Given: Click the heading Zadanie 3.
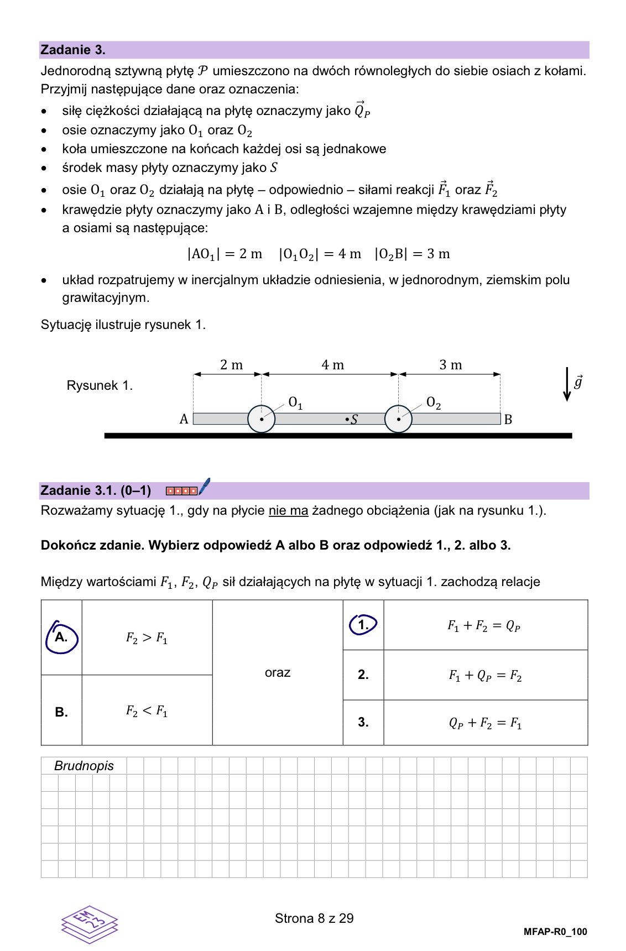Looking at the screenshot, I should [73, 50].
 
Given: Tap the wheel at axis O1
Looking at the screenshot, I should [261, 419].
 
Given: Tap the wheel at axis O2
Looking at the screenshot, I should [398, 419].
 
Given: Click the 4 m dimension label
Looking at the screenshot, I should [332, 365].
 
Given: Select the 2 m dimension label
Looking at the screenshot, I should [231, 365].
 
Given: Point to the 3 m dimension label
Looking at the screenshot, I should [450, 365].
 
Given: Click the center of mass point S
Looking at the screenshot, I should [351, 420].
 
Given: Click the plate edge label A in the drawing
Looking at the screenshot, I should [184, 419].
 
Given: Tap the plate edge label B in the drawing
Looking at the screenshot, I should [508, 420].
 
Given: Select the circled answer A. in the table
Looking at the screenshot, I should [61, 638].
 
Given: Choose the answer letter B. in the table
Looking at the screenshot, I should [61, 712].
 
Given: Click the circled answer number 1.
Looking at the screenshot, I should [363, 625].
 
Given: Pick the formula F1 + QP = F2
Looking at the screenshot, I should [485, 675].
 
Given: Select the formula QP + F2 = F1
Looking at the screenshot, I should [485, 723].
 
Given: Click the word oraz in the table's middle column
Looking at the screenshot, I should [278, 672].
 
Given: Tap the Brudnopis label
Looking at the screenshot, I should [84, 766].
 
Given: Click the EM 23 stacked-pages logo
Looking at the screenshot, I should [89, 924].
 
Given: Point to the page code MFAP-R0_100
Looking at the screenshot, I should [555, 932].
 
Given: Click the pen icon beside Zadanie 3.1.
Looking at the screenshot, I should [204, 487].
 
